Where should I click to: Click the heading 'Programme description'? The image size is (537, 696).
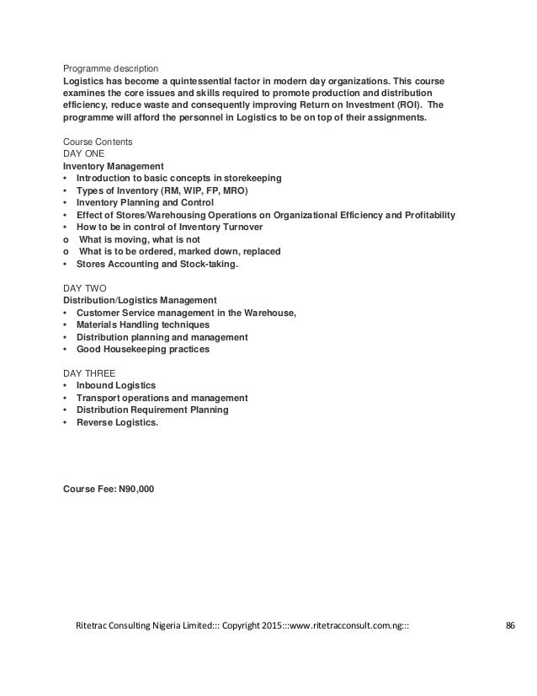(x=110, y=68)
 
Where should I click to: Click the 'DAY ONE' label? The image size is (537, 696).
(x=84, y=154)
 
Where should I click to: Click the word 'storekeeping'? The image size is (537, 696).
(x=251, y=179)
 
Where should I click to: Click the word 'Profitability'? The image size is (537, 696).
(x=424, y=216)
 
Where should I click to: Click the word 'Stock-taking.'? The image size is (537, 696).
(x=209, y=264)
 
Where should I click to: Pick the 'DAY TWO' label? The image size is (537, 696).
(x=84, y=288)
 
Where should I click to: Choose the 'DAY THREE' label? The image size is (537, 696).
(x=88, y=373)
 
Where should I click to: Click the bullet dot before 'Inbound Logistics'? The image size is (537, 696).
(x=66, y=386)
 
